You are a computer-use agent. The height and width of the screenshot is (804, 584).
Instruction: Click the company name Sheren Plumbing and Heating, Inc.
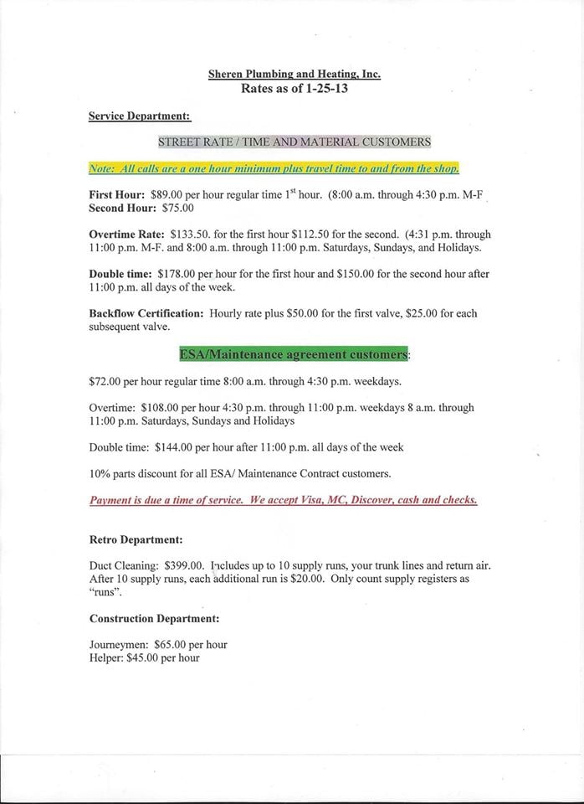pos(295,74)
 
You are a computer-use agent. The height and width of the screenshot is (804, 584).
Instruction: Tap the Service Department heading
pos(140,116)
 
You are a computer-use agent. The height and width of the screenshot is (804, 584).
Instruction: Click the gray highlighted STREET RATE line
pos(294,142)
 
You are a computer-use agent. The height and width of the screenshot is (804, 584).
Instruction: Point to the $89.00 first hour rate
pos(170,193)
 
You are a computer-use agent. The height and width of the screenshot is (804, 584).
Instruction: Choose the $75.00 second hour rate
pos(178,208)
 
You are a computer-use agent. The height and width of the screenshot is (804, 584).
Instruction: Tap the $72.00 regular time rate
pos(105,381)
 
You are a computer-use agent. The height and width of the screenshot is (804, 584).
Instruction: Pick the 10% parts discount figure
pos(99,474)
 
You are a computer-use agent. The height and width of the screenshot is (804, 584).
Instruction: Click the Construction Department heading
pos(154,619)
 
